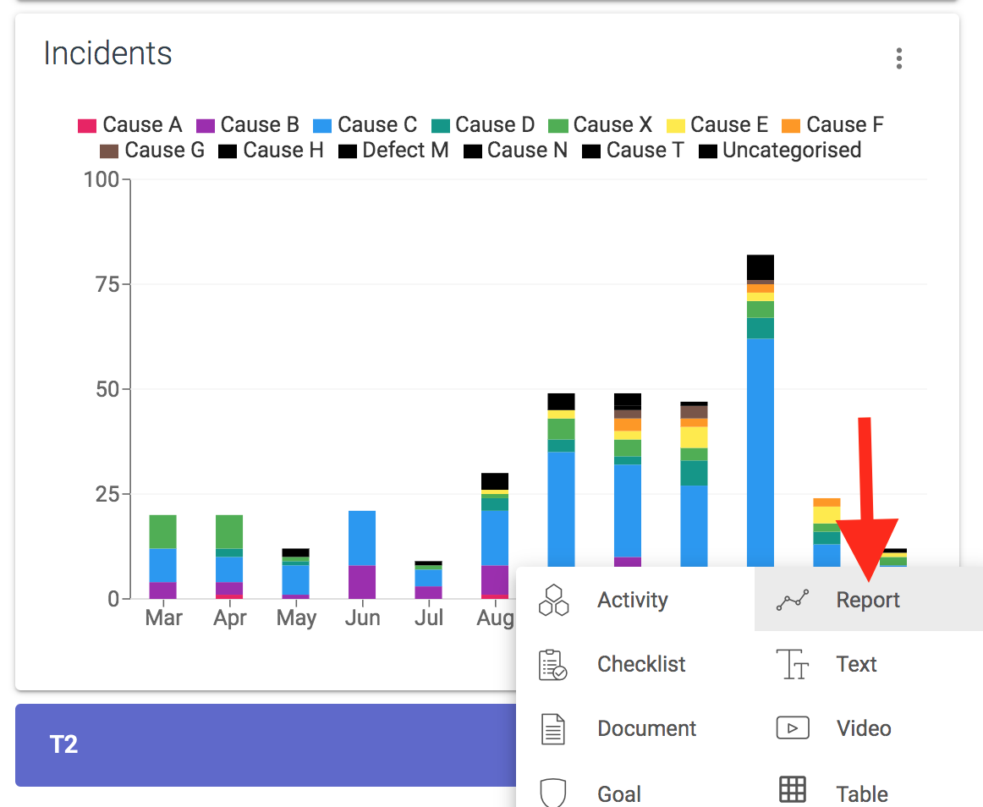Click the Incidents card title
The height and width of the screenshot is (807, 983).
[107, 53]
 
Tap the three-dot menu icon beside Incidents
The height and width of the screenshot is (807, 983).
[898, 58]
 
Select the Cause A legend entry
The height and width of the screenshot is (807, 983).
[130, 125]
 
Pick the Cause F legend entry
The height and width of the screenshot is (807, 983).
[833, 125]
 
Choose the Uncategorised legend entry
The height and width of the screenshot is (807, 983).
[780, 151]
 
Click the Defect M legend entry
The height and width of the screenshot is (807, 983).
[393, 151]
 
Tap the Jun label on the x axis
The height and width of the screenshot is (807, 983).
[362, 618]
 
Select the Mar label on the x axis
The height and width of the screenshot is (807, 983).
[163, 618]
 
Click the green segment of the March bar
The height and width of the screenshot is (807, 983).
[162, 531]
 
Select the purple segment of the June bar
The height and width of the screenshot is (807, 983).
[362, 581]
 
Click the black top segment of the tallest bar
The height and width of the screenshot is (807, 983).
[761, 266]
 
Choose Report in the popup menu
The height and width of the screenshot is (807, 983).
[868, 600]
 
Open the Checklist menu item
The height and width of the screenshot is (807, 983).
[640, 664]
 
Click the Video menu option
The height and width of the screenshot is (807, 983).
[863, 728]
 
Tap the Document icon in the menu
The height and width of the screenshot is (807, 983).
[552, 728]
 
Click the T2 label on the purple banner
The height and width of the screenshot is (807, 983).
[64, 744]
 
